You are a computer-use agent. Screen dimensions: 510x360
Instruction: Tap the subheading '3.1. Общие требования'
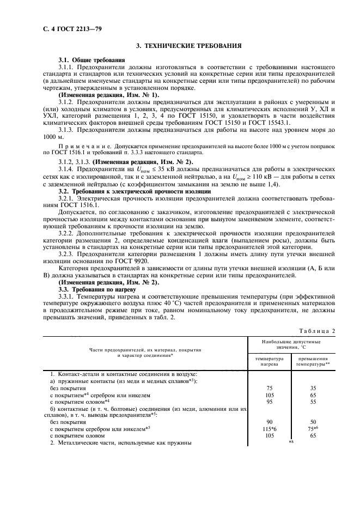(91, 60)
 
